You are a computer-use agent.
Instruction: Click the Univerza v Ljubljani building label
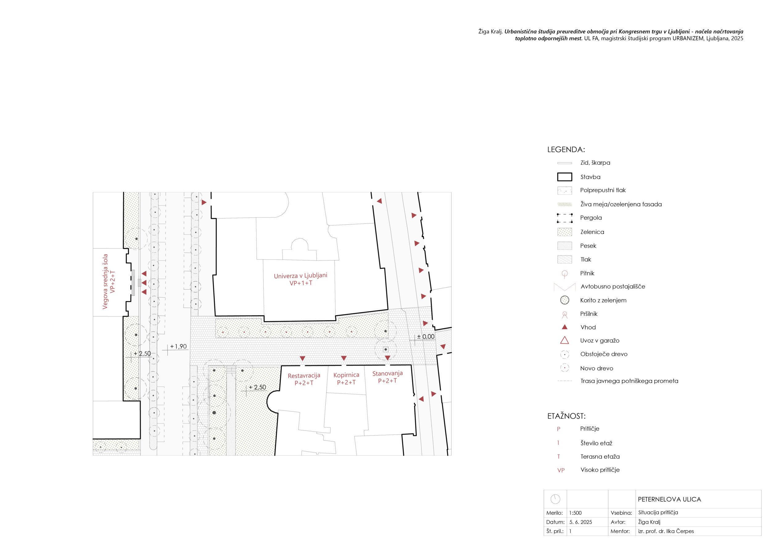click(x=301, y=279)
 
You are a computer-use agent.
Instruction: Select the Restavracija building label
click(x=304, y=379)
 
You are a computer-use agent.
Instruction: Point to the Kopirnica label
click(x=346, y=379)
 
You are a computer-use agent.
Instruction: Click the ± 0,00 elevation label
click(x=426, y=337)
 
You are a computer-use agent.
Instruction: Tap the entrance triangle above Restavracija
click(x=302, y=359)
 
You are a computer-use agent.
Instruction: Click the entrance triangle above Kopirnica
click(x=344, y=359)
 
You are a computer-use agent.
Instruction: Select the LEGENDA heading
click(x=566, y=150)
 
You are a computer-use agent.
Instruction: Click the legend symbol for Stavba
click(x=564, y=177)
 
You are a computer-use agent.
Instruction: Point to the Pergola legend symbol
click(x=564, y=218)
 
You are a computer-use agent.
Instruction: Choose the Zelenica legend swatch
click(x=564, y=232)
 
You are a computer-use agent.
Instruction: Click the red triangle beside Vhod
click(x=564, y=327)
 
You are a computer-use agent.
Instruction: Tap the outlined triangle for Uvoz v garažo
click(x=564, y=340)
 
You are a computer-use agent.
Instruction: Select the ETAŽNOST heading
click(x=566, y=416)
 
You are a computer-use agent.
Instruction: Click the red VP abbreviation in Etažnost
click(x=561, y=470)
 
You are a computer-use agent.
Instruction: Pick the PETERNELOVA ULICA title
click(x=669, y=499)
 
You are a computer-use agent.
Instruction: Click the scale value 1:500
click(x=575, y=513)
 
